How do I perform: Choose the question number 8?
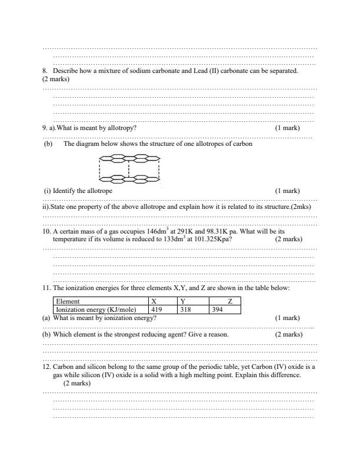44,71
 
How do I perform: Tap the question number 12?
46,366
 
